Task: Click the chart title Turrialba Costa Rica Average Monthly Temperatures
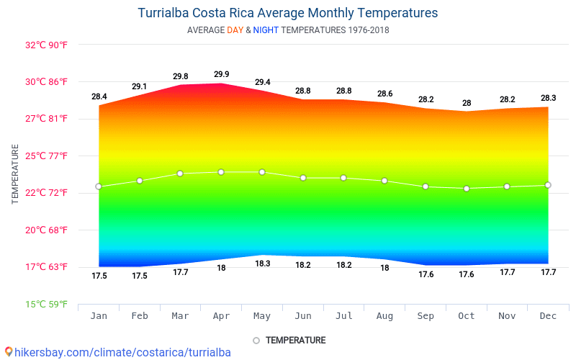pyautogui.click(x=287, y=13)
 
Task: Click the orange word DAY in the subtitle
pyautogui.click(x=235, y=30)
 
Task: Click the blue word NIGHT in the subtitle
pyautogui.click(x=266, y=30)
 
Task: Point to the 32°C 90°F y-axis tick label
pyautogui.click(x=46, y=45)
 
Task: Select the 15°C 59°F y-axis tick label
pyautogui.click(x=46, y=305)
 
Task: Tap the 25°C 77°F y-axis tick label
pyautogui.click(x=46, y=156)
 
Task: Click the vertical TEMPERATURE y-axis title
pyautogui.click(x=15, y=174)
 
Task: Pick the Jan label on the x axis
pyautogui.click(x=99, y=316)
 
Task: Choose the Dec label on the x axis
pyautogui.click(x=548, y=316)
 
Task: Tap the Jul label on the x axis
pyautogui.click(x=343, y=316)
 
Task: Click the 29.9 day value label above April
pyautogui.click(x=222, y=74)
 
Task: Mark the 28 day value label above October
pyautogui.click(x=467, y=103)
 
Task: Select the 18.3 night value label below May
pyautogui.click(x=262, y=264)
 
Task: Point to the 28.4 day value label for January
pyautogui.click(x=99, y=96)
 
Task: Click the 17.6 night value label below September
pyautogui.click(x=426, y=274)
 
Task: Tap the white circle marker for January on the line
pyautogui.click(x=99, y=186)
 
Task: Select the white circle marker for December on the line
pyautogui.click(x=548, y=185)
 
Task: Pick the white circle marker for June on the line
pyautogui.click(x=303, y=178)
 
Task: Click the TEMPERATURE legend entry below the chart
pyautogui.click(x=289, y=340)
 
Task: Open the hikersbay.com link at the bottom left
pyautogui.click(x=118, y=352)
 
